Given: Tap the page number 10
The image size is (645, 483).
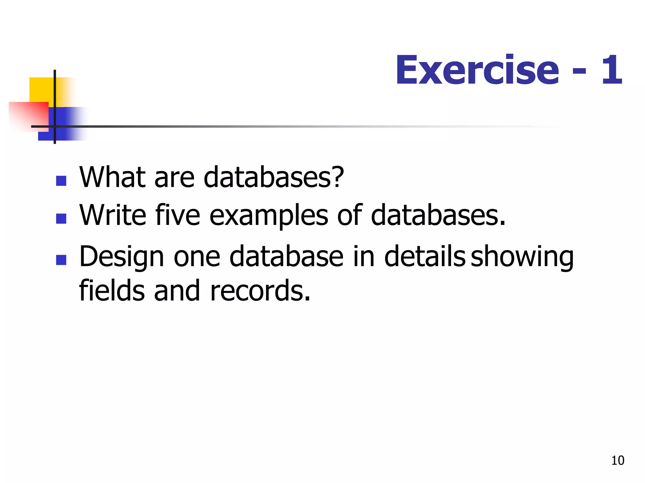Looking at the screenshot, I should [618, 460].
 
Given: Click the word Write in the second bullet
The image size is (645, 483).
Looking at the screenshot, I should [113, 215].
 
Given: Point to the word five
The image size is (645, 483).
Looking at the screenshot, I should [178, 215].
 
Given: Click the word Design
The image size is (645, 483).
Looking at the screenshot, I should [122, 257].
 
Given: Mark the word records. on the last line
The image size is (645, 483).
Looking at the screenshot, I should [260, 291].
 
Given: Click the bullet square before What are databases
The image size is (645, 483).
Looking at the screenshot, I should [61, 180].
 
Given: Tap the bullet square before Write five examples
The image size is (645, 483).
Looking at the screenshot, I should [61, 219].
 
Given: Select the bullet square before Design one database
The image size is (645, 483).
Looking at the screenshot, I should [61, 260].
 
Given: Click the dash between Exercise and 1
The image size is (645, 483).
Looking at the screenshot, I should [579, 72].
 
